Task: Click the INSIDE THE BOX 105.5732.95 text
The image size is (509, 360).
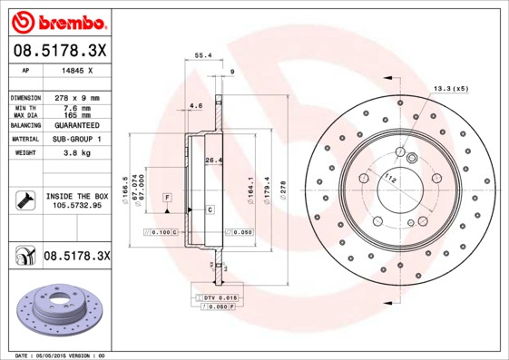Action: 77,201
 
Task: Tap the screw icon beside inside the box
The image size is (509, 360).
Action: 24,200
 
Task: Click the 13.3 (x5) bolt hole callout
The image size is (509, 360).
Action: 450,89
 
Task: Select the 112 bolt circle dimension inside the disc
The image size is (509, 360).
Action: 390,178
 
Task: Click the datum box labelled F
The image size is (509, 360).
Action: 167,197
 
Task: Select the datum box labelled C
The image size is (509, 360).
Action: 210,209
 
